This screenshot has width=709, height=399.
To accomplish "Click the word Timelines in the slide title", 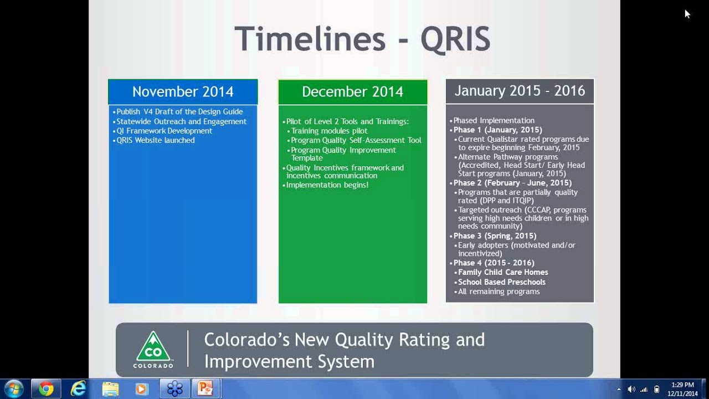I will (x=310, y=39).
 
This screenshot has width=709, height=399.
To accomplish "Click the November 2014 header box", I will (x=183, y=91).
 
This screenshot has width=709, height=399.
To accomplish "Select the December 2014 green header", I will (x=352, y=91).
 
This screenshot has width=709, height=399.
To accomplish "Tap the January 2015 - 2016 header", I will (x=520, y=91).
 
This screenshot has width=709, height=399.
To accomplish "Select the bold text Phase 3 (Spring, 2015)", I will (x=495, y=236).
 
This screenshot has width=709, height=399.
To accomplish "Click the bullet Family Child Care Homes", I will (x=503, y=272).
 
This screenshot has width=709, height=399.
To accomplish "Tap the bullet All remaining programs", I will (x=499, y=291).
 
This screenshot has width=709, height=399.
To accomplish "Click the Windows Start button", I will (x=13, y=388).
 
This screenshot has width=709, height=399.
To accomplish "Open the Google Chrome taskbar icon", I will (x=47, y=388).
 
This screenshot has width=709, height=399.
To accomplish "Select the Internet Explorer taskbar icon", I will (x=78, y=388).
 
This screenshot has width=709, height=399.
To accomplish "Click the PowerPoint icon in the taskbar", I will (x=205, y=388).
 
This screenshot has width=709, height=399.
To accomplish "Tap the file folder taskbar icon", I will (x=110, y=388).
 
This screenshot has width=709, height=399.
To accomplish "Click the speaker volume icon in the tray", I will (x=631, y=389).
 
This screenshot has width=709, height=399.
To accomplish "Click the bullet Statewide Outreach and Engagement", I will (x=181, y=121).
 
